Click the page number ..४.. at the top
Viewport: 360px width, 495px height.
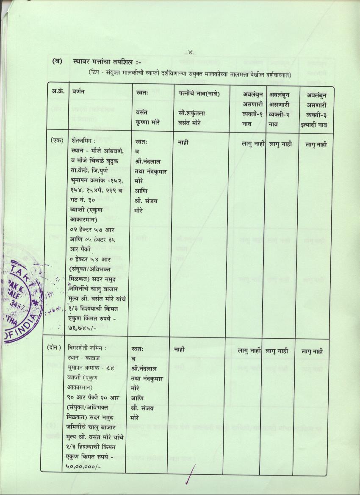191,53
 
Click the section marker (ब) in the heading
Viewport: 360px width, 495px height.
57,61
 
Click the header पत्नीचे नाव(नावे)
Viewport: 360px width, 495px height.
199,94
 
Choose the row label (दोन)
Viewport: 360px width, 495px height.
56,348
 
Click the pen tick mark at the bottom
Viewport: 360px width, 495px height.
191,474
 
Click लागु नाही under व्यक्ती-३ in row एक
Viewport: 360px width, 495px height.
316,145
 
